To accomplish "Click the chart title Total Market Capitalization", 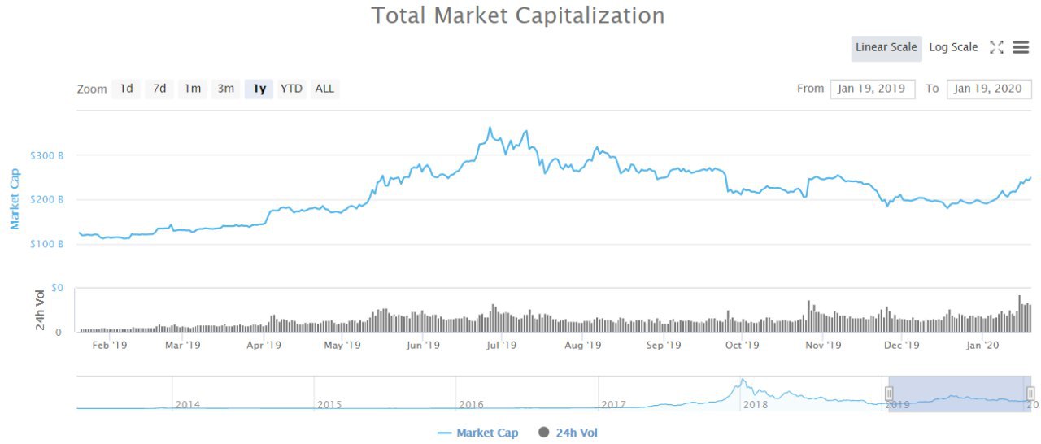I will coord(518,15).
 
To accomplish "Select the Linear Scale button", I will coord(886,47).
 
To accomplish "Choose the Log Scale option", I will coord(953,47).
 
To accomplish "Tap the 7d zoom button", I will coord(159,89).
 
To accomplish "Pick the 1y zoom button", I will coord(259,89).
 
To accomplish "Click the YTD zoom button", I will coord(291,89).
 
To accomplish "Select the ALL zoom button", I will coord(324,89).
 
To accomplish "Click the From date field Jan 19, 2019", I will coord(873,89).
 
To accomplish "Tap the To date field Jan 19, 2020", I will coord(989,89).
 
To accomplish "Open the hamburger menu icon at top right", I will coord(1021,47).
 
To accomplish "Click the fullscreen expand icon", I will coord(996,47).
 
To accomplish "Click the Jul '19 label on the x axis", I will coord(502,345).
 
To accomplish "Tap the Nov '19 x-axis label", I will coord(823,345).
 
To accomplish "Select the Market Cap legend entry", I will coord(478,433).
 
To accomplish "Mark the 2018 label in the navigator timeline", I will coord(756,404).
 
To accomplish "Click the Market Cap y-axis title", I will coord(15,199).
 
